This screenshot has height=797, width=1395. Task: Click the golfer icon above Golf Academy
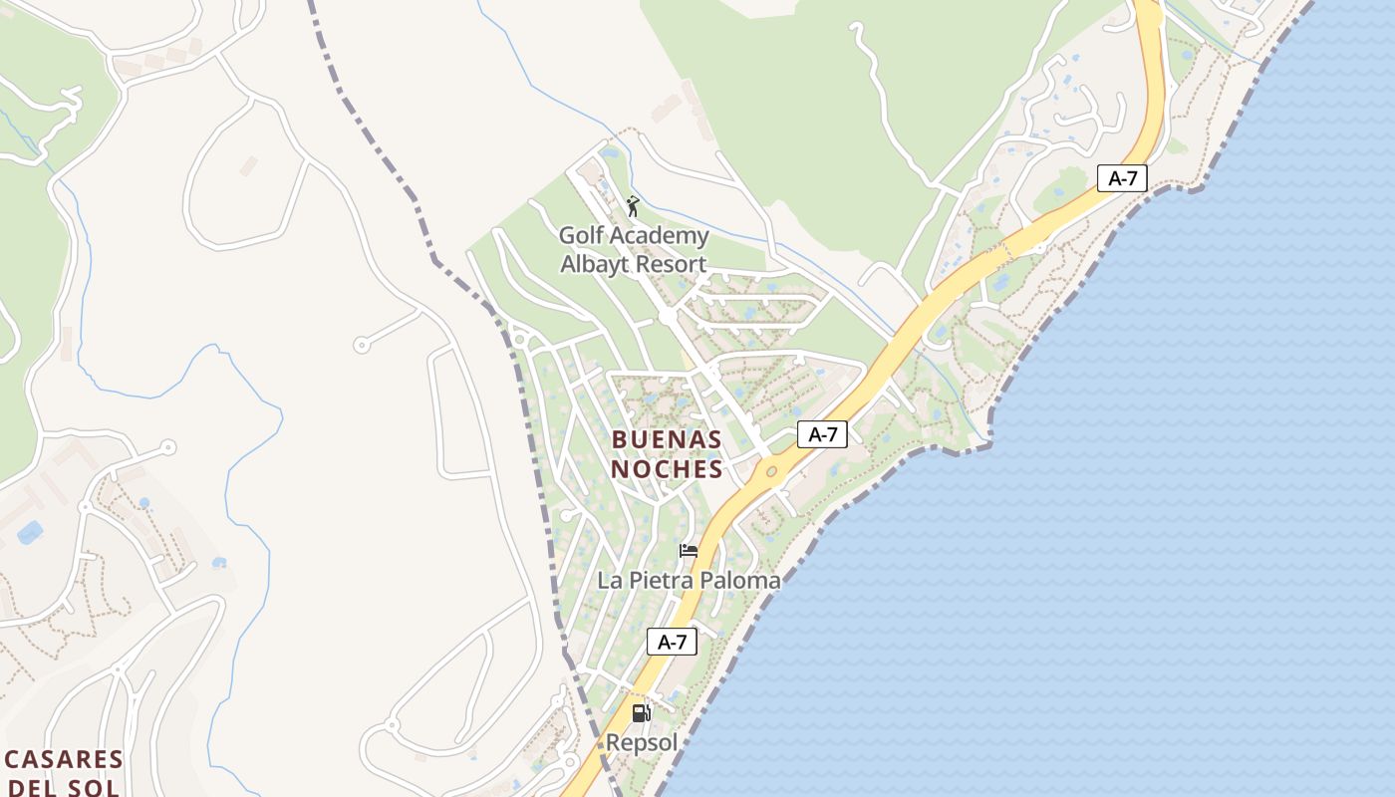click(x=633, y=206)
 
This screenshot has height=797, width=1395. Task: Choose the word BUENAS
click(x=667, y=439)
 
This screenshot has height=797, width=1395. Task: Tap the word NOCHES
click(x=667, y=468)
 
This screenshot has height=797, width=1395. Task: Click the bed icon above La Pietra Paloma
click(x=689, y=551)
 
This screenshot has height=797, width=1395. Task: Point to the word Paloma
click(x=740, y=580)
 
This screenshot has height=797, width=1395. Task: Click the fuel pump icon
click(x=642, y=713)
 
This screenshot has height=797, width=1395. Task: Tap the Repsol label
click(x=642, y=743)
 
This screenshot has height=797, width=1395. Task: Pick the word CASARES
click(x=64, y=760)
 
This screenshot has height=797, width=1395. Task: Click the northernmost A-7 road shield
click(x=1123, y=178)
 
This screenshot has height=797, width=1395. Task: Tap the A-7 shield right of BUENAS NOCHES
click(x=822, y=434)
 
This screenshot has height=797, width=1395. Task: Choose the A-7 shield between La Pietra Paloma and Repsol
click(x=673, y=642)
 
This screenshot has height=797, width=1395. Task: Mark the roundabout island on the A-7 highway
click(x=770, y=471)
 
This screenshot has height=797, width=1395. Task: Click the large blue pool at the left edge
click(x=30, y=533)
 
